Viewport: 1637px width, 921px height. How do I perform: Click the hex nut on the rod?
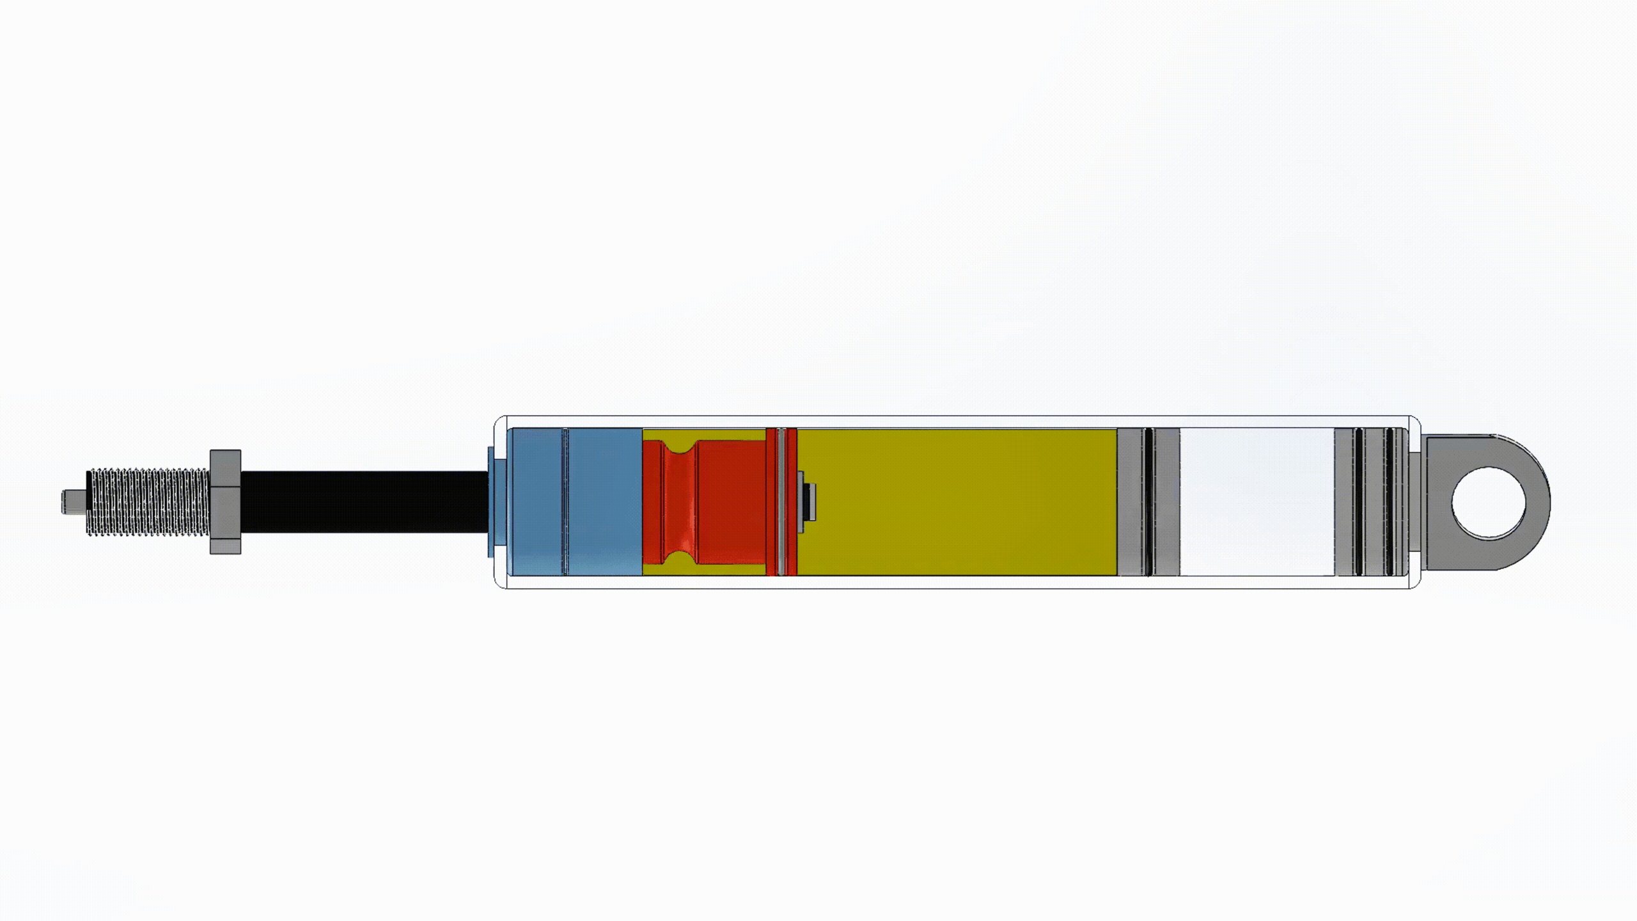(x=225, y=501)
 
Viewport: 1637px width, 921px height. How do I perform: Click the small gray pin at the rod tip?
(x=72, y=501)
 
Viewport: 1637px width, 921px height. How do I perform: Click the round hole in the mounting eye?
(x=1489, y=501)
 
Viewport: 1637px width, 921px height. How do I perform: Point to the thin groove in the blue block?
(x=565, y=501)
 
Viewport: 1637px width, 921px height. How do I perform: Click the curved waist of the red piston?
(x=678, y=501)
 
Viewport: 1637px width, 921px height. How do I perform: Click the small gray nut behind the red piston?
(x=808, y=501)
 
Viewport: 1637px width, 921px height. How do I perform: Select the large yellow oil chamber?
(x=959, y=501)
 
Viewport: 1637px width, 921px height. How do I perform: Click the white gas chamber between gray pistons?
(x=1257, y=501)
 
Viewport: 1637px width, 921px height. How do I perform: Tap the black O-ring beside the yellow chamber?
(x=1148, y=501)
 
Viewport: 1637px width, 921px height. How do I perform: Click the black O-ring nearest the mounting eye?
(x=1389, y=501)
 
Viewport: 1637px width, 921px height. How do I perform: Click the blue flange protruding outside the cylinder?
(x=490, y=501)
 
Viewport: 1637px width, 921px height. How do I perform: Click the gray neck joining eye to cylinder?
(x=1414, y=501)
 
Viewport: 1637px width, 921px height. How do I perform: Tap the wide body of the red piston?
(x=732, y=501)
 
